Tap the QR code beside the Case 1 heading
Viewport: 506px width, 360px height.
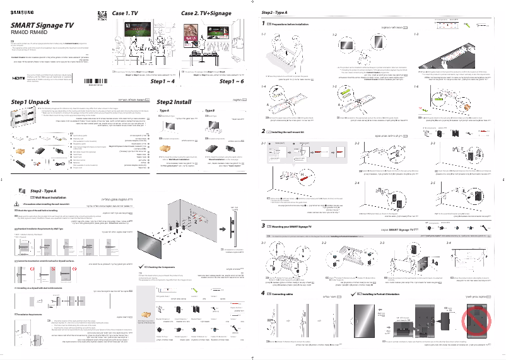point(102,16)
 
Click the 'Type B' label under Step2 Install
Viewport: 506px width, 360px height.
point(210,111)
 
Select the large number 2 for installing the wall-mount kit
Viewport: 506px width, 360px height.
point(263,131)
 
